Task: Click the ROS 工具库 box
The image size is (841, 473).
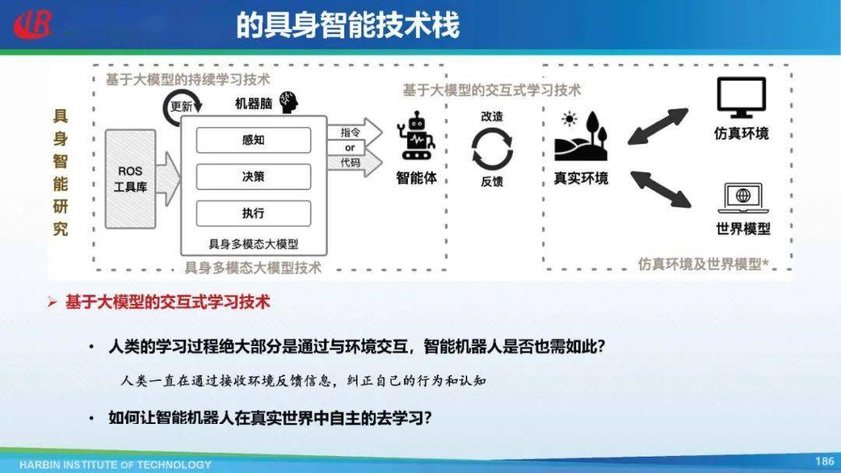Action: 130,178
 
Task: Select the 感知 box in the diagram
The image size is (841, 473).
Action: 253,140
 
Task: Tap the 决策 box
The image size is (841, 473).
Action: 253,177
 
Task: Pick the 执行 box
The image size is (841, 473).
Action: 253,213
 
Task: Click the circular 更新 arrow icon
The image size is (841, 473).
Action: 181,108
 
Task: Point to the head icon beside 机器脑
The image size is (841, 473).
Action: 290,102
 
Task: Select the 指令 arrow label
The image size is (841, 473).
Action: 350,132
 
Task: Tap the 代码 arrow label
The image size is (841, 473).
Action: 350,163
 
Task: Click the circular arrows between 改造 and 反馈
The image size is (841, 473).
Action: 492,149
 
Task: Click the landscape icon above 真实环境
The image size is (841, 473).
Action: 581,136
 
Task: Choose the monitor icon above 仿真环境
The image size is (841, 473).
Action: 741,97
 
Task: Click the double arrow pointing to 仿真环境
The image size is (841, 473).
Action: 658,126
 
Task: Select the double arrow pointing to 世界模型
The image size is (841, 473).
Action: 660,189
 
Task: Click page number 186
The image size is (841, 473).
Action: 824,461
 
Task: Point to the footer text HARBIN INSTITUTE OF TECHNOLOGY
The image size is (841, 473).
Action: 115,464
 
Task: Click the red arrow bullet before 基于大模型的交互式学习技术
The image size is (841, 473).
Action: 52,302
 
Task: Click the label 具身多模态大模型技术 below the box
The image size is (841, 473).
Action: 252,268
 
